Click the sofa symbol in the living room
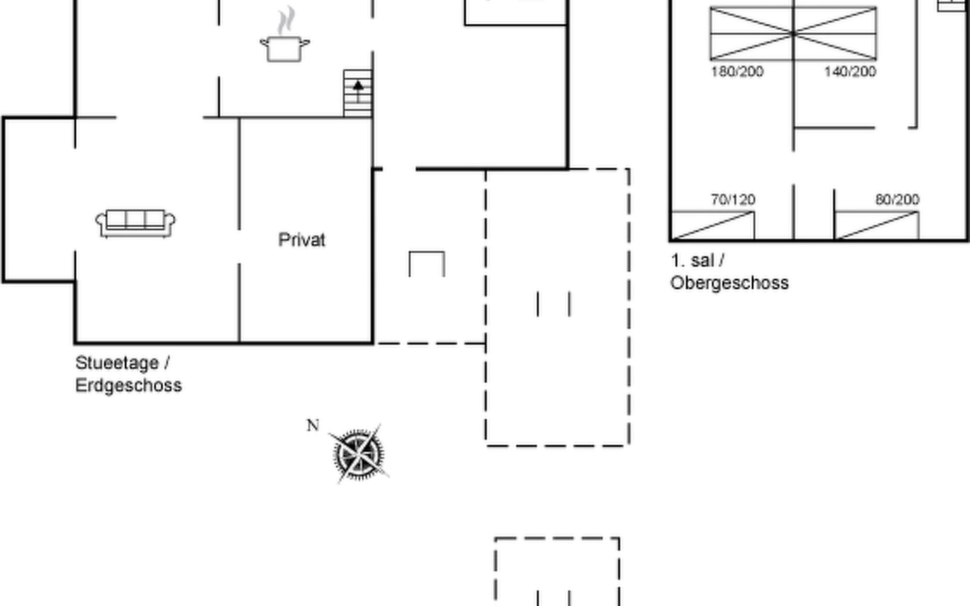[135, 223]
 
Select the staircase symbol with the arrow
[358, 94]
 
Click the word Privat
[302, 240]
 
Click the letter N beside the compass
[313, 426]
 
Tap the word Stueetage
[117, 363]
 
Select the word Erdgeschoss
[128, 385]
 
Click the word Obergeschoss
[729, 283]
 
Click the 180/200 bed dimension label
[737, 72]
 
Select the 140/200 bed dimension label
[850, 72]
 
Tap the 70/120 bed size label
[733, 200]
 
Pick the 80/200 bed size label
[897, 199]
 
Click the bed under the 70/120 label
[713, 225]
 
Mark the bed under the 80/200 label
[877, 225]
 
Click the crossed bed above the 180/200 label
[751, 34]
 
